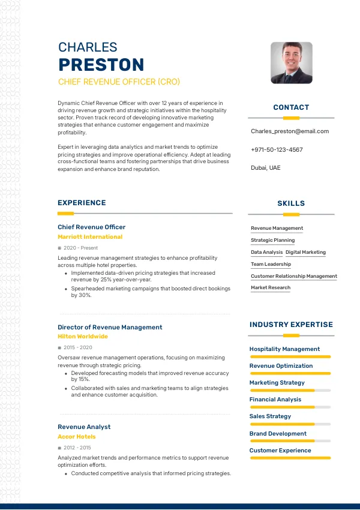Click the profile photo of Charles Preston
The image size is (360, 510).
291,62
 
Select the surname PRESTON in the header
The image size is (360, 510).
101,65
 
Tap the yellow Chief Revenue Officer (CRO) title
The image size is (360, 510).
119,82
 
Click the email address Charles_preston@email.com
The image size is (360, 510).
289,131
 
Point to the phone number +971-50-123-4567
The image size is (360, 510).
277,149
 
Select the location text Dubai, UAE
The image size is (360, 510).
265,168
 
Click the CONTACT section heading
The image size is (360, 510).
291,107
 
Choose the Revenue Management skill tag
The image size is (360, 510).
277,228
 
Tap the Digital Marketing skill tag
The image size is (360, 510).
305,252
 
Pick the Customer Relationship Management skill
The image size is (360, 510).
293,276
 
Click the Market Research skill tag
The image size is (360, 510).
270,288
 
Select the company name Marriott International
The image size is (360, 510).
90,237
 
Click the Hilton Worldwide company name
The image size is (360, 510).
83,337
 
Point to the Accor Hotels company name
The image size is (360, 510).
77,437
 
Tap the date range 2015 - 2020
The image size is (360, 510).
78,347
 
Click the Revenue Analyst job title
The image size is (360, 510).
84,427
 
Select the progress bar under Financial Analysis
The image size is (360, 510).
290,407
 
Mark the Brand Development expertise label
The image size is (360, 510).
278,433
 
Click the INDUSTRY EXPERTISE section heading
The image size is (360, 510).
291,325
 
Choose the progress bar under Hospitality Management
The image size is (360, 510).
290,356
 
